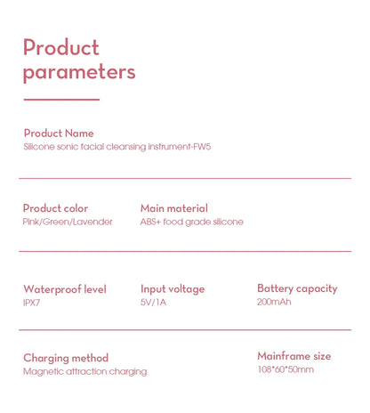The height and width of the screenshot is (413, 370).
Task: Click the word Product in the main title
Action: tap(61, 47)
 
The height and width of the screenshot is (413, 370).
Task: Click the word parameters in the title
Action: tap(79, 73)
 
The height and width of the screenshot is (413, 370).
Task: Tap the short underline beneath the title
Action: tap(61, 100)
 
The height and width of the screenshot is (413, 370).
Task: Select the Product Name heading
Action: tap(59, 134)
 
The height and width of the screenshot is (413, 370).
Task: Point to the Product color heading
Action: tap(55, 208)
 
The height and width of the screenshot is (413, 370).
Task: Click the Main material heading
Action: tap(174, 208)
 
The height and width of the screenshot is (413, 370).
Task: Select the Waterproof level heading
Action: tap(65, 289)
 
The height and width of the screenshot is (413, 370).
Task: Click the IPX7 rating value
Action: tap(32, 303)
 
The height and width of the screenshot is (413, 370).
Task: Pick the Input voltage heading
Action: tap(173, 289)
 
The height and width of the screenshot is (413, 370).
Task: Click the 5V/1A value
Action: tap(153, 303)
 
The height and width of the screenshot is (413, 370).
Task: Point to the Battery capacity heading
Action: tap(297, 288)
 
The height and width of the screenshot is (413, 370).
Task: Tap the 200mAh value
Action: tap(274, 302)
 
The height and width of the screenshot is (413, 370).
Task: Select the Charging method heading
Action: tap(66, 358)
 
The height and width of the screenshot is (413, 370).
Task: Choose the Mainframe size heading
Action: tap(294, 356)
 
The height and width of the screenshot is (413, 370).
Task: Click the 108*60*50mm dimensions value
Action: tap(286, 369)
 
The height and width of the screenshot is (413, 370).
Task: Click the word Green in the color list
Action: tap(56, 222)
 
